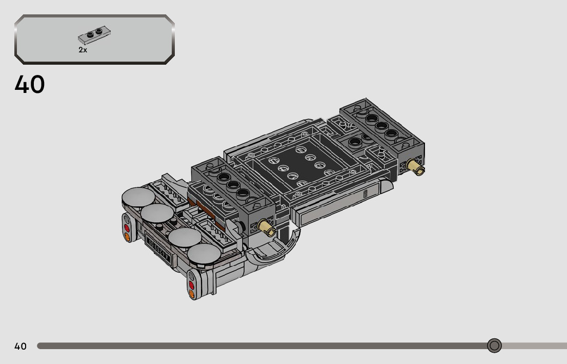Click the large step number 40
(x=30, y=84)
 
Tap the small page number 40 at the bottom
(x=21, y=346)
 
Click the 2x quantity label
(x=83, y=50)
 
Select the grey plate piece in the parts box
(x=94, y=35)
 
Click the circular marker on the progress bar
(x=494, y=346)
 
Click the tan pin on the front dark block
(x=267, y=228)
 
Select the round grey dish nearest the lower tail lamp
(x=204, y=254)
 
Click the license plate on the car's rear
(x=158, y=248)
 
